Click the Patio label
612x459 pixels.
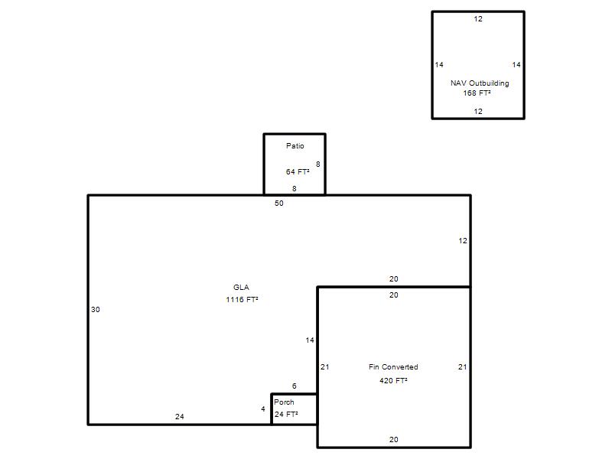pos(295,145)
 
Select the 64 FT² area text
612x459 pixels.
pos(298,171)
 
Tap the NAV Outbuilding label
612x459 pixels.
pos(480,83)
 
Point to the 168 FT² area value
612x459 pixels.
pos(477,93)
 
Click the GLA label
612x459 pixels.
pos(241,288)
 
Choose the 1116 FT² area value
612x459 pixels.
pos(242,299)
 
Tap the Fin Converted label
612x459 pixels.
pos(393,367)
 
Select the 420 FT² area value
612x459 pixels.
pos(393,380)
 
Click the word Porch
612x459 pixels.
pos(284,402)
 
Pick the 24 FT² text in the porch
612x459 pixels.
pos(286,414)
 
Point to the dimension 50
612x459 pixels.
pos(278,203)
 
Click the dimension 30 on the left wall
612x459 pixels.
pos(95,310)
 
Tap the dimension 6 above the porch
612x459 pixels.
pos(294,386)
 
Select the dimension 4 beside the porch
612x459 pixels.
pos(262,409)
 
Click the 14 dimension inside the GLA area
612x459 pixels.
pos(310,340)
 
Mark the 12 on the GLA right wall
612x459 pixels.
pos(463,241)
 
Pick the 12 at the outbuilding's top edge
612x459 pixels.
pos(477,18)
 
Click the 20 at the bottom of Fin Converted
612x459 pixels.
pos(393,439)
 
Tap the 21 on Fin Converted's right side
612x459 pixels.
pos(462,367)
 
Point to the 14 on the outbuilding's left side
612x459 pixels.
pos(439,65)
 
